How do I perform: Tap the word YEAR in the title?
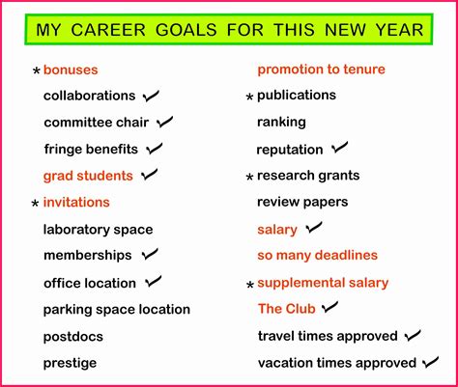[x=397, y=30]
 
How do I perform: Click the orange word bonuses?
[x=71, y=69]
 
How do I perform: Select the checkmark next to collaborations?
[x=151, y=96]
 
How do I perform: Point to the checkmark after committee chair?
[x=164, y=123]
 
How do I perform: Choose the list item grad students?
[x=88, y=176]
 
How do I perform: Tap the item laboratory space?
[x=98, y=230]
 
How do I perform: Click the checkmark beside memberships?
[x=149, y=255]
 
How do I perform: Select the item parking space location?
[x=116, y=310]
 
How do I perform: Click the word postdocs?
[x=72, y=337]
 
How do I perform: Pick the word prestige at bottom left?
[x=70, y=364]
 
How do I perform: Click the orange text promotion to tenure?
[x=321, y=69]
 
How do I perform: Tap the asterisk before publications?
[x=249, y=97]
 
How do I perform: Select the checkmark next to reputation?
[x=339, y=149]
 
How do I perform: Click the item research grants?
[x=308, y=176]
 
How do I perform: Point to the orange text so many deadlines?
[x=317, y=256]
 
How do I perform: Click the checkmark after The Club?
[x=330, y=308]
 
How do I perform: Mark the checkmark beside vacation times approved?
[x=431, y=363]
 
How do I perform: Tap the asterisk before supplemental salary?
[x=249, y=286]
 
